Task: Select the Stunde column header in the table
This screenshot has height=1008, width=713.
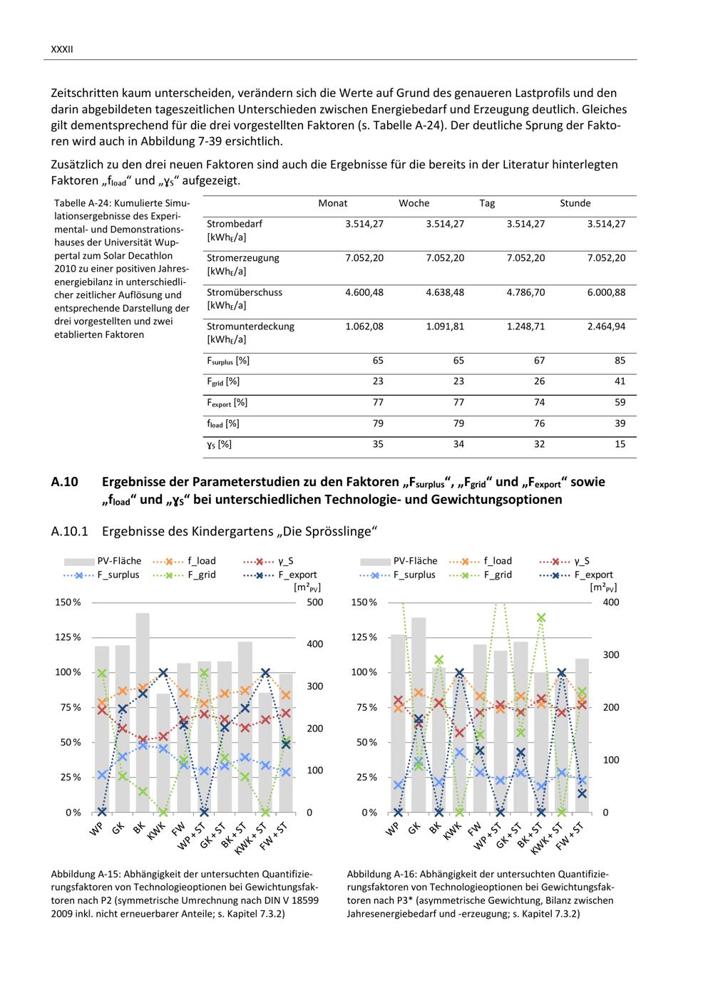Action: (x=575, y=203)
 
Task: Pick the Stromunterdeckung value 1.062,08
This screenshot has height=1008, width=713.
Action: (x=364, y=326)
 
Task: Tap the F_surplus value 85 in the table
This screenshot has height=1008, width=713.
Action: (x=620, y=361)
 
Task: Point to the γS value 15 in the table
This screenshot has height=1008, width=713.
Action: (x=620, y=444)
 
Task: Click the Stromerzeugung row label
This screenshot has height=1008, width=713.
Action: (x=242, y=258)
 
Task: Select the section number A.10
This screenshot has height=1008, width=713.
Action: (x=64, y=482)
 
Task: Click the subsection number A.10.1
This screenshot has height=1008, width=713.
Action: (x=69, y=532)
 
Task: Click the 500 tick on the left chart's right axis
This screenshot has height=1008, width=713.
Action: (x=314, y=602)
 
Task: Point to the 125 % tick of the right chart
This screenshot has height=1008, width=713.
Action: (x=364, y=637)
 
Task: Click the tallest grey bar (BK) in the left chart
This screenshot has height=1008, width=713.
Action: (x=143, y=713)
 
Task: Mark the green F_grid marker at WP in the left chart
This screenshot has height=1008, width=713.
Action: (x=102, y=674)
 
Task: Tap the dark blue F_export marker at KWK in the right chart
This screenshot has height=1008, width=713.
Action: (x=459, y=673)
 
